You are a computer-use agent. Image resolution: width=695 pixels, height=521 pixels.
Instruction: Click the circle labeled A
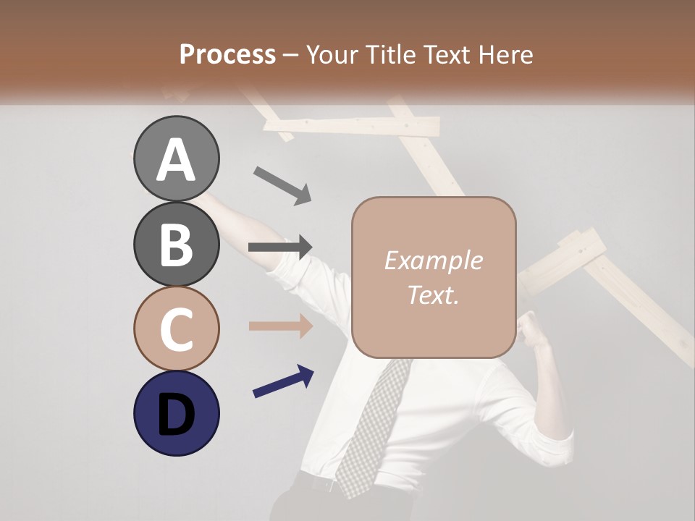coord(176,158)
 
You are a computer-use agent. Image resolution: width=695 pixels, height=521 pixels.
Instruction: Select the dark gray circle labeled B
coord(176,244)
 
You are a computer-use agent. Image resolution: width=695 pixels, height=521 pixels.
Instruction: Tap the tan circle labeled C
coord(176,329)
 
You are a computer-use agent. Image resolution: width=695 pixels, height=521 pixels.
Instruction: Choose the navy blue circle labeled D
coord(176,413)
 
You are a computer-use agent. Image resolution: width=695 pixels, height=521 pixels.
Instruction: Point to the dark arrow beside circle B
coord(280,247)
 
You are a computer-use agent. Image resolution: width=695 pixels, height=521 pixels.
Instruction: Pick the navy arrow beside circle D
coord(283,381)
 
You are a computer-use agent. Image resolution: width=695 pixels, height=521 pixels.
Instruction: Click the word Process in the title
coord(227,54)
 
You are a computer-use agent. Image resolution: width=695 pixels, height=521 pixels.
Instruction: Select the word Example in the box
coord(433,260)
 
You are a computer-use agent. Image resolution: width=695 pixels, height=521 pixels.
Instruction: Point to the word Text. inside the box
coord(433,295)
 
